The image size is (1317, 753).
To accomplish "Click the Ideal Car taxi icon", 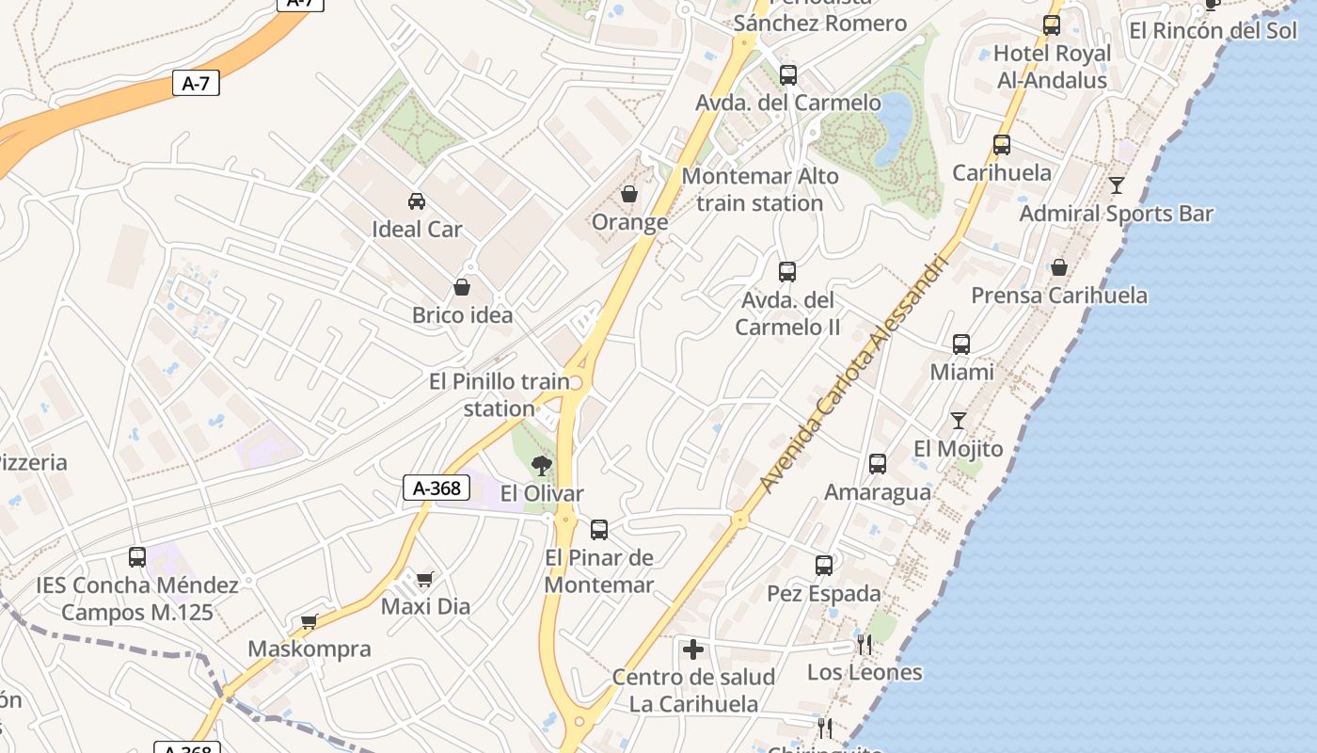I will [x=416, y=200].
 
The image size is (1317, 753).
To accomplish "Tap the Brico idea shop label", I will [x=463, y=314].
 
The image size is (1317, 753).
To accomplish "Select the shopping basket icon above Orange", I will [x=629, y=195].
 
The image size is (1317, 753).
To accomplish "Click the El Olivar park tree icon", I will [x=541, y=464].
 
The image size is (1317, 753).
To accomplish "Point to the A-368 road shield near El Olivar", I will [x=436, y=488].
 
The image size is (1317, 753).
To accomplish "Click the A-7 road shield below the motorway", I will [x=196, y=83].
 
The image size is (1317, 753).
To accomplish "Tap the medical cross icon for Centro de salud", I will [x=693, y=649].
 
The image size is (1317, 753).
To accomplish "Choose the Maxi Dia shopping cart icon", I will [x=425, y=579].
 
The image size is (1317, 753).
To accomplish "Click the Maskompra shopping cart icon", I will [x=309, y=621].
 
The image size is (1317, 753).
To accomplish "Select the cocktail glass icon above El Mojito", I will [x=959, y=420].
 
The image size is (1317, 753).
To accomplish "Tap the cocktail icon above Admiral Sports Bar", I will [x=1117, y=184].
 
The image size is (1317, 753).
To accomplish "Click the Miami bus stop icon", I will [x=961, y=344].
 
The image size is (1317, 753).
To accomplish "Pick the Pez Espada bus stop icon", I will [x=824, y=566].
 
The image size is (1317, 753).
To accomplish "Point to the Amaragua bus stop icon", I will [x=878, y=464].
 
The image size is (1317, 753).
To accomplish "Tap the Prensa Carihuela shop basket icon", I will [x=1059, y=267].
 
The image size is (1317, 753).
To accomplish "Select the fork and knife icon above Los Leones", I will [x=864, y=645].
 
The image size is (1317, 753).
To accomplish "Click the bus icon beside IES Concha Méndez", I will [x=137, y=557].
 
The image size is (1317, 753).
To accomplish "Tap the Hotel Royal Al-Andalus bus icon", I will [x=1052, y=25].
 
